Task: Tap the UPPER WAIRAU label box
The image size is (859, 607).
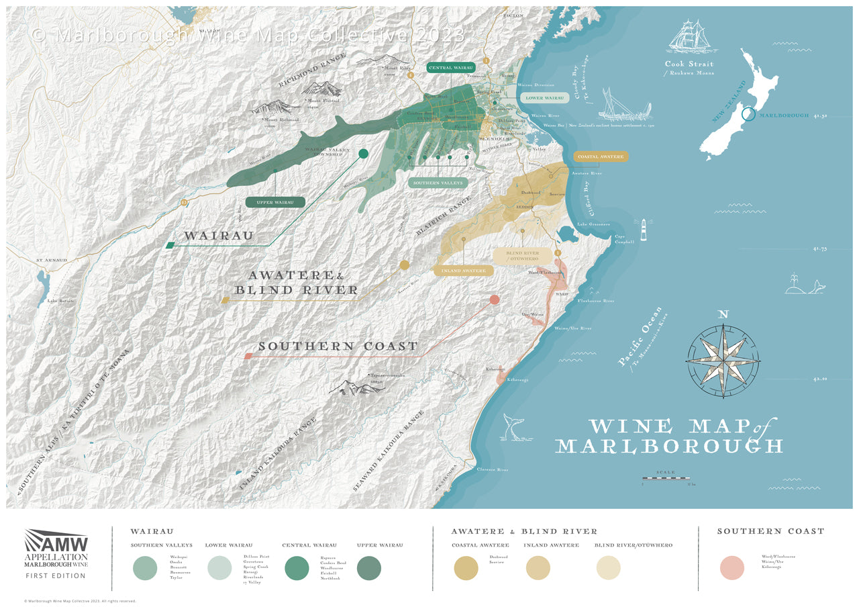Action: pyautogui.click(x=275, y=202)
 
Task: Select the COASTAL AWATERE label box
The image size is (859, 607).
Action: pyautogui.click(x=601, y=156)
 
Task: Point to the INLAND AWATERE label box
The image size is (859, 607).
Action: pyautogui.click(x=463, y=271)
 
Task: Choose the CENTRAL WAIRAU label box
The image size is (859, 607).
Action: pyautogui.click(x=450, y=68)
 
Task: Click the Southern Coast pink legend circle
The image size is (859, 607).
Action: pyautogui.click(x=732, y=567)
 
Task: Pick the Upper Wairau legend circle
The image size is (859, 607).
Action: pyautogui.click(x=369, y=568)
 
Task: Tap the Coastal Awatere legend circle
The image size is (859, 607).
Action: pyautogui.click(x=466, y=568)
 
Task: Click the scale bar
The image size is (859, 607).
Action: pyautogui.click(x=666, y=479)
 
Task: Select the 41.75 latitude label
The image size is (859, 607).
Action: pyautogui.click(x=820, y=248)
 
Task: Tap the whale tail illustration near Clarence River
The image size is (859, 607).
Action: pyautogui.click(x=513, y=428)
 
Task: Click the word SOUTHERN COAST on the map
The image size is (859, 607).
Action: pyautogui.click(x=338, y=346)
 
